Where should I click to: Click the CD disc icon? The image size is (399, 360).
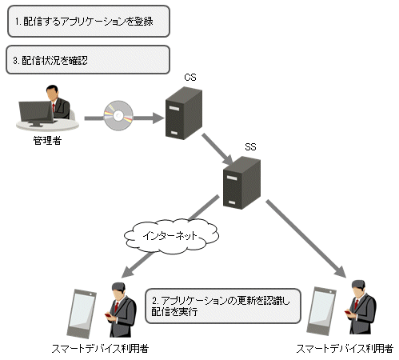pyautogui.click(x=118, y=115)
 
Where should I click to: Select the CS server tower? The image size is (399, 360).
pyautogui.click(x=184, y=113)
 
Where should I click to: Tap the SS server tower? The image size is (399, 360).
pyautogui.click(x=241, y=183)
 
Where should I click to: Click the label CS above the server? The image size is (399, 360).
pyautogui.click(x=190, y=78)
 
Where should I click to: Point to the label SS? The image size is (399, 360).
pyautogui.click(x=250, y=147)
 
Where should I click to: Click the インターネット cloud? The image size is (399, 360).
pyautogui.click(x=171, y=236)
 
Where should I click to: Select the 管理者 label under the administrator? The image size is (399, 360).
pyautogui.click(x=47, y=141)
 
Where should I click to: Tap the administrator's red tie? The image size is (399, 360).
pyautogui.click(x=54, y=107)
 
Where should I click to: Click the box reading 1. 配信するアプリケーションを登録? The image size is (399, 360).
pyautogui.click(x=89, y=22)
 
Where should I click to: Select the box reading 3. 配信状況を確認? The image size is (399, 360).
pyautogui.click(x=88, y=60)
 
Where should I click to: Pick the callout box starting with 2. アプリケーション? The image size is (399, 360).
pyautogui.click(x=223, y=306)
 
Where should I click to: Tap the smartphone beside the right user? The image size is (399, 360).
pyautogui.click(x=321, y=311)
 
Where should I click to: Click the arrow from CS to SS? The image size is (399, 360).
pyautogui.click(x=217, y=150)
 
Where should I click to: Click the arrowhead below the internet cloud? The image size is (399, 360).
pyautogui.click(x=127, y=272)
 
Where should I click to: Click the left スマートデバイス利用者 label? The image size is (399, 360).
pyautogui.click(x=100, y=349)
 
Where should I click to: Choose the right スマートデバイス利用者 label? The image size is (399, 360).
pyautogui.click(x=345, y=349)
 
